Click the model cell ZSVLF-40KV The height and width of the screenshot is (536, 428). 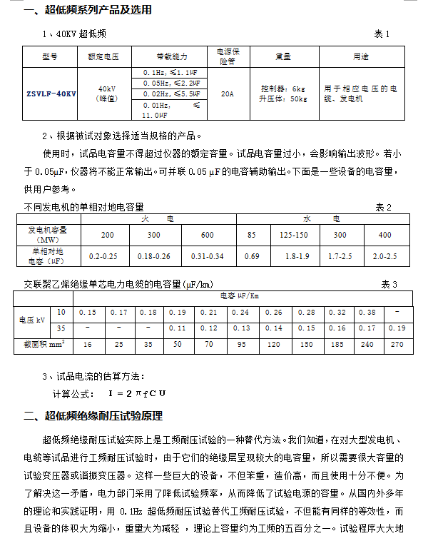pyautogui.click(x=51, y=93)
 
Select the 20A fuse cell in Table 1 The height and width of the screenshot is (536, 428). pyautogui.click(x=227, y=93)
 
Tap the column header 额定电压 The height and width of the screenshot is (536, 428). pyautogui.click(x=101, y=56)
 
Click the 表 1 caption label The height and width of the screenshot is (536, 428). pyautogui.click(x=382, y=34)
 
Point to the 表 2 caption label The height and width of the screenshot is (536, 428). pyautogui.click(x=384, y=207)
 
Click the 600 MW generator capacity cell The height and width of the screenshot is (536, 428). pyautogui.click(x=207, y=235)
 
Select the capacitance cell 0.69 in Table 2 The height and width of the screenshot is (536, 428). pyautogui.click(x=252, y=256)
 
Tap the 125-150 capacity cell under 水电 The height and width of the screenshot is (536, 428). pyautogui.click(x=294, y=235)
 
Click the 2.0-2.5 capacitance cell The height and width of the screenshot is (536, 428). pyautogui.click(x=384, y=256)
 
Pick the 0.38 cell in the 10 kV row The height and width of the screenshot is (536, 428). pyautogui.click(x=367, y=312)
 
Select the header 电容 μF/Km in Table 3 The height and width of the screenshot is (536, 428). pyautogui.click(x=240, y=295)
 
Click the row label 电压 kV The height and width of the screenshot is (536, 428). pyautogui.click(x=32, y=320)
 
